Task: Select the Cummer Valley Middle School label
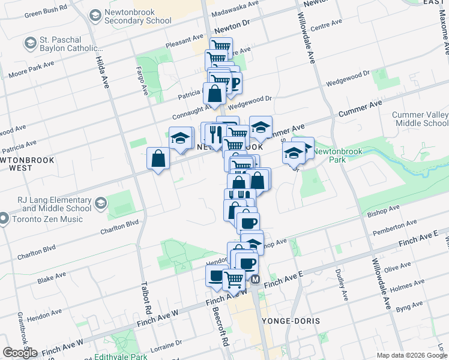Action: pos(420,119)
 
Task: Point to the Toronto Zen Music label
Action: pos(50,219)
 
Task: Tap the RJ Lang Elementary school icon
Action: pos(100,203)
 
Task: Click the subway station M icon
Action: pos(255,280)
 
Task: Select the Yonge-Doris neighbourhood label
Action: pos(291,321)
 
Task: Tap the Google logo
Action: pos(20,353)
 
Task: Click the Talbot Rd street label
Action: pos(146,298)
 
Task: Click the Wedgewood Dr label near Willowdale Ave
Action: pos(349,76)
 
